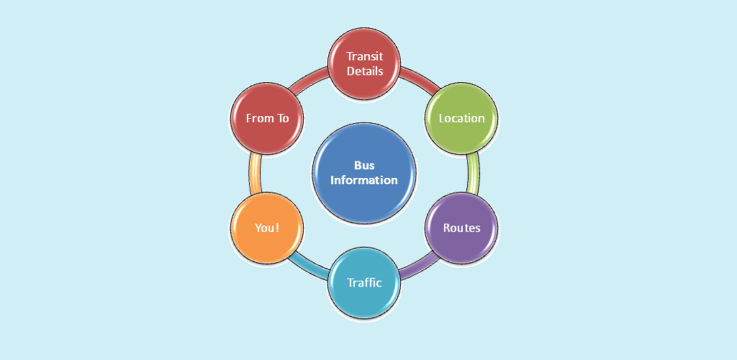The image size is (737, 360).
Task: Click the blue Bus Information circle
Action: point(364,173)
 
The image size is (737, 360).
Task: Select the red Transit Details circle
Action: point(364,63)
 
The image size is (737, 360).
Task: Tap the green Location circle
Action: point(461,118)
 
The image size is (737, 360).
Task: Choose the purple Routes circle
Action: point(461,228)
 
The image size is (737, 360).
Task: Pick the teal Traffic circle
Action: point(364,283)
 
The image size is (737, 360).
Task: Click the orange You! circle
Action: point(267,228)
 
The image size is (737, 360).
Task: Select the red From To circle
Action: point(267,118)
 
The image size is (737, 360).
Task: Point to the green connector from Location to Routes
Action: point(472,174)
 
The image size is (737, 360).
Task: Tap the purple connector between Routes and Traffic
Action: point(415,267)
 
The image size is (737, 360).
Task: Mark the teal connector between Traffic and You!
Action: point(310,265)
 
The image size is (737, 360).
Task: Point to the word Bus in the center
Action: point(364,166)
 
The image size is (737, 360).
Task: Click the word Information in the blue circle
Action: point(364,180)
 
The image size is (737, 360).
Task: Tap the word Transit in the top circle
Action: point(364,56)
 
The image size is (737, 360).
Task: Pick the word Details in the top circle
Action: point(364,71)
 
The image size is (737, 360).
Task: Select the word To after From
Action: point(282,118)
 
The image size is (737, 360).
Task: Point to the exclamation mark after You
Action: point(277,228)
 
